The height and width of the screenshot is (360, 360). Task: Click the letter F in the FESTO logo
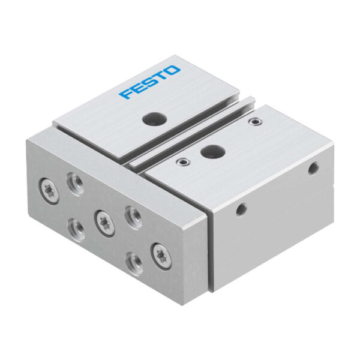(x=125, y=93)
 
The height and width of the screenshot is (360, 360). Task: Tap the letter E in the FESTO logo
(x=137, y=88)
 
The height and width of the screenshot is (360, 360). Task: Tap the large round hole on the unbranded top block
(x=212, y=151)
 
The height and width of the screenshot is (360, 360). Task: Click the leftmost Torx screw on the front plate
(x=49, y=188)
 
